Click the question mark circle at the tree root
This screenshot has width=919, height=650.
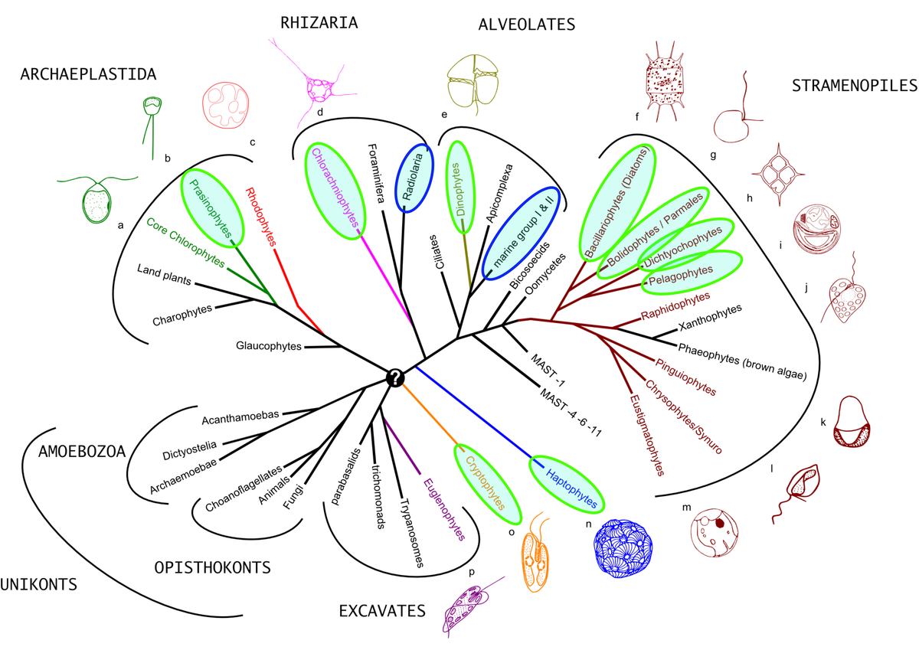click(394, 377)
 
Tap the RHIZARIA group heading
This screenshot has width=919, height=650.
click(319, 22)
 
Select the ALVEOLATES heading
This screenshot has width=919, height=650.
click(526, 24)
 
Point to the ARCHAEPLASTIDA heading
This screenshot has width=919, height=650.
click(89, 74)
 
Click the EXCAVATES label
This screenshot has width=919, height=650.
click(382, 610)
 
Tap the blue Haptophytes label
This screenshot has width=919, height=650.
click(571, 485)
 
